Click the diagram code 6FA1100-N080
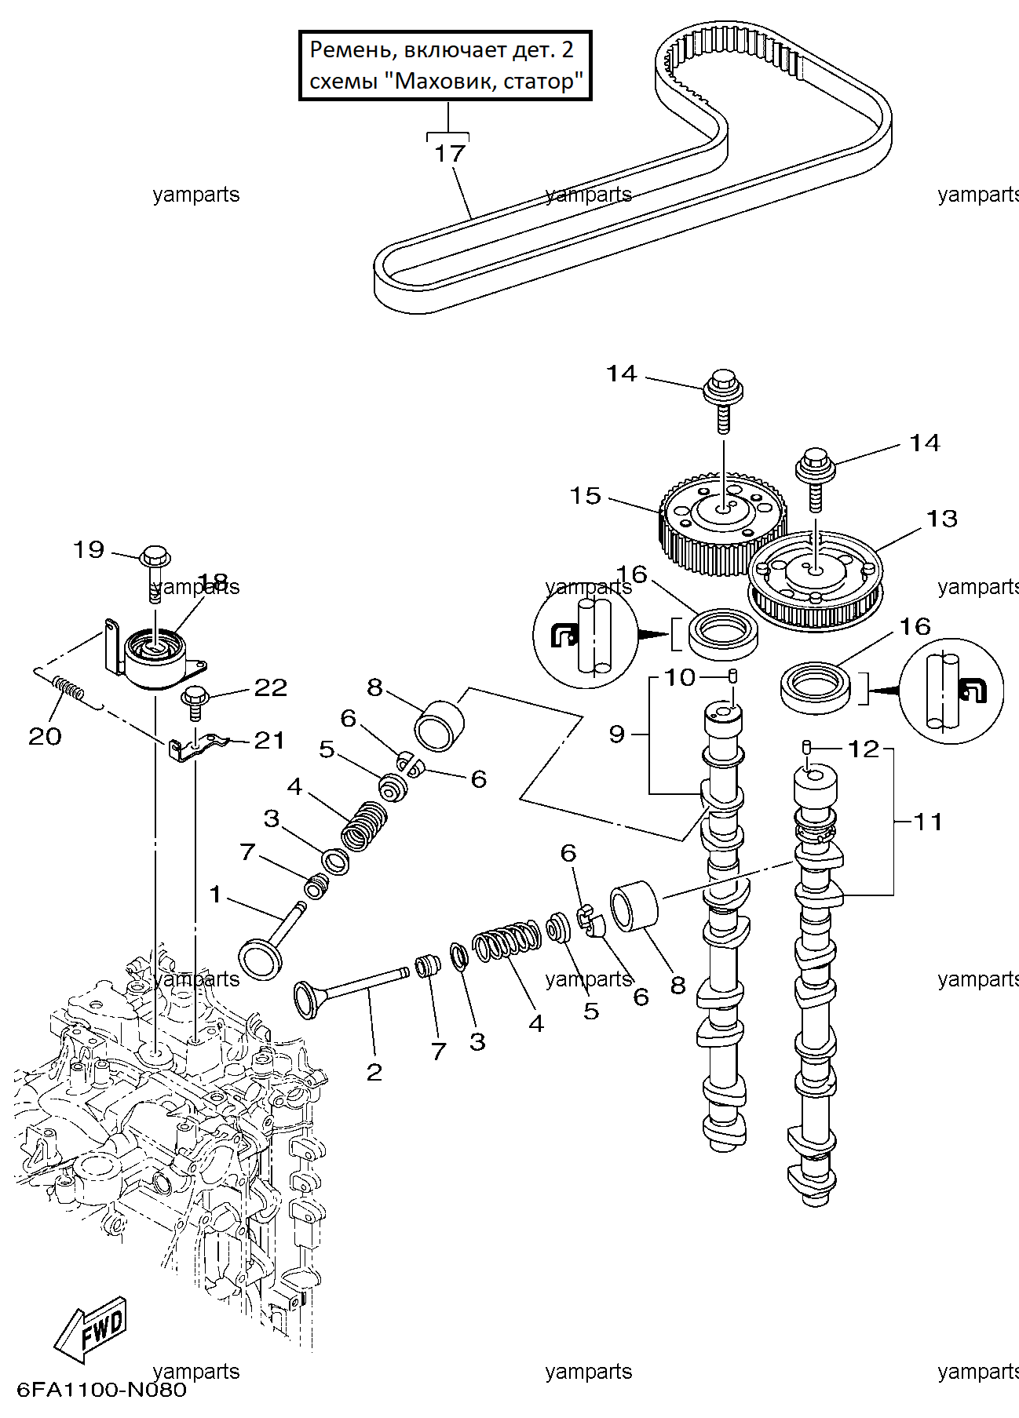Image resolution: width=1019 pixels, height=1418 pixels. click(x=101, y=1391)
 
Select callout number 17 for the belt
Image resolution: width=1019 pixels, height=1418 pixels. click(x=450, y=153)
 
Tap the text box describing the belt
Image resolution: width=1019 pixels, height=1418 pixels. click(x=445, y=66)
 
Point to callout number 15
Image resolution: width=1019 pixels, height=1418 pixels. click(x=586, y=496)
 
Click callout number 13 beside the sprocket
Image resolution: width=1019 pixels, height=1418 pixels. click(x=942, y=519)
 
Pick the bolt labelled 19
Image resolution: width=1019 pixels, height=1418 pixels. click(x=155, y=574)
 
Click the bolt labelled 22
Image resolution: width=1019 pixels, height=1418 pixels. click(x=193, y=703)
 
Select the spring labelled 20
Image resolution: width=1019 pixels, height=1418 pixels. click(x=69, y=689)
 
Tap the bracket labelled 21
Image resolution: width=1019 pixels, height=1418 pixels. click(x=197, y=745)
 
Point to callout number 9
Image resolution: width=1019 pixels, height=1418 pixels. click(x=617, y=734)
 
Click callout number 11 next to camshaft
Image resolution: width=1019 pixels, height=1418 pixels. click(x=928, y=822)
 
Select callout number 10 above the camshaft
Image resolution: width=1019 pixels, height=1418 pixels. click(x=681, y=677)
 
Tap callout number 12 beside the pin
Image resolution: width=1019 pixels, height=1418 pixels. click(x=864, y=749)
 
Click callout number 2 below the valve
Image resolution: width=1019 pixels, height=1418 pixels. click(x=374, y=1072)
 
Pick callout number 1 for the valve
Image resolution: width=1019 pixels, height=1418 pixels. click(x=216, y=894)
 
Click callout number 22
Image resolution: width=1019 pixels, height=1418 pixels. click(x=271, y=688)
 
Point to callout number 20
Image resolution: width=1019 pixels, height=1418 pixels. click(x=45, y=736)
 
